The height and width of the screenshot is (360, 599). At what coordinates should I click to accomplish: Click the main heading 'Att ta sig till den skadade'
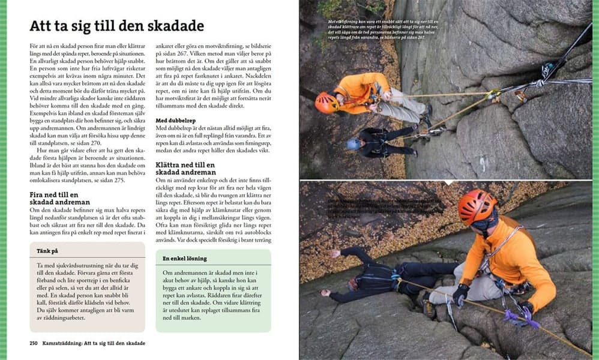(x=117, y=26)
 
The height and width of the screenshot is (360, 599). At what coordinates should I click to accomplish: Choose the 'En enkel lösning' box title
(x=185, y=259)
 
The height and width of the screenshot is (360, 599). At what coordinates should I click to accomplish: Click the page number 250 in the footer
(x=35, y=343)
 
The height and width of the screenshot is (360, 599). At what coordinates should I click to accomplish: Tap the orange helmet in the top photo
(x=327, y=102)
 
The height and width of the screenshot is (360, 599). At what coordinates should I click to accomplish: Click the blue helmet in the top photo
(x=354, y=144)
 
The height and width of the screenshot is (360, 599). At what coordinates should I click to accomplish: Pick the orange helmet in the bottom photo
(x=477, y=206)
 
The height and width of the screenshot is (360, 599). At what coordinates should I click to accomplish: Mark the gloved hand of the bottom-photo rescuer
(x=460, y=294)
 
